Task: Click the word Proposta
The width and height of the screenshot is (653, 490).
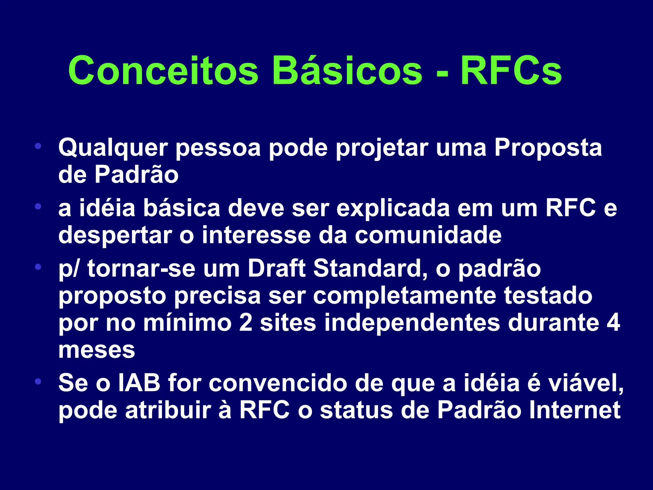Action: (548, 149)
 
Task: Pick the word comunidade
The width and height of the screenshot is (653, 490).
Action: (428, 235)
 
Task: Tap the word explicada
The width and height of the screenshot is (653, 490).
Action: (393, 208)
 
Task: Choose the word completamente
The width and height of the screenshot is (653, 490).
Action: (404, 296)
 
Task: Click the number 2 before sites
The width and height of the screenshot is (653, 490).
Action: (246, 323)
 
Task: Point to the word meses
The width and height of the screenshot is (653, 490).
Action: (97, 350)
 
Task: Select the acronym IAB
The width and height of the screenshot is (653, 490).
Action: (139, 383)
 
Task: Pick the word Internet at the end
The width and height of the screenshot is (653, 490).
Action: (575, 410)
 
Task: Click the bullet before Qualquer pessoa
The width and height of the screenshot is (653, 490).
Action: (38, 146)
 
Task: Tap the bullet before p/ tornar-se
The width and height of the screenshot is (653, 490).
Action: (38, 266)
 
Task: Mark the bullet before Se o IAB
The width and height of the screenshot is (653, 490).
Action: (38, 381)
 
